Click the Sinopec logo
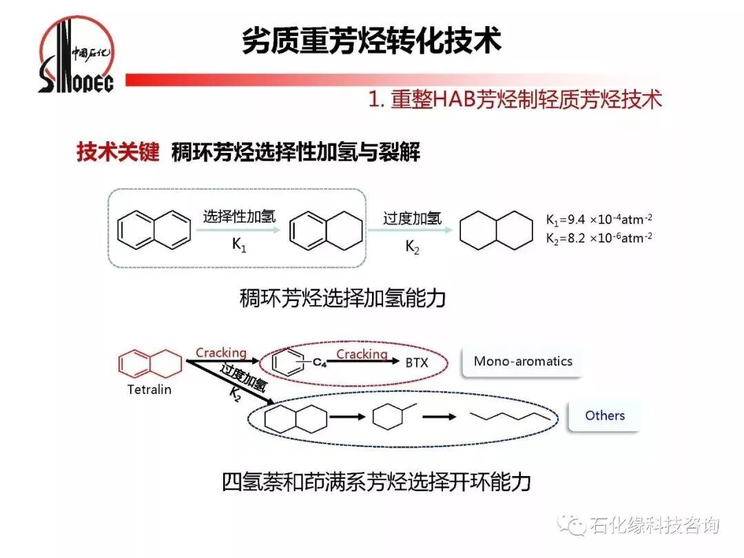click(76, 55)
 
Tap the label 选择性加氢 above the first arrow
click(239, 216)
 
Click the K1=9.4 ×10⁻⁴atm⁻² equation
click(599, 220)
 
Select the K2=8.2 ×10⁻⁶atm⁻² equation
click(599, 238)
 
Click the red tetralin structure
click(150, 363)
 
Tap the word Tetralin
click(149, 389)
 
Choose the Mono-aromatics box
click(523, 361)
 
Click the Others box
click(605, 415)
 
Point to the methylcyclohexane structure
click(391, 416)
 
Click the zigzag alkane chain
click(510, 416)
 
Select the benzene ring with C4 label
click(289, 360)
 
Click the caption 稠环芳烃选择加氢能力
click(342, 298)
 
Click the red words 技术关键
click(118, 152)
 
